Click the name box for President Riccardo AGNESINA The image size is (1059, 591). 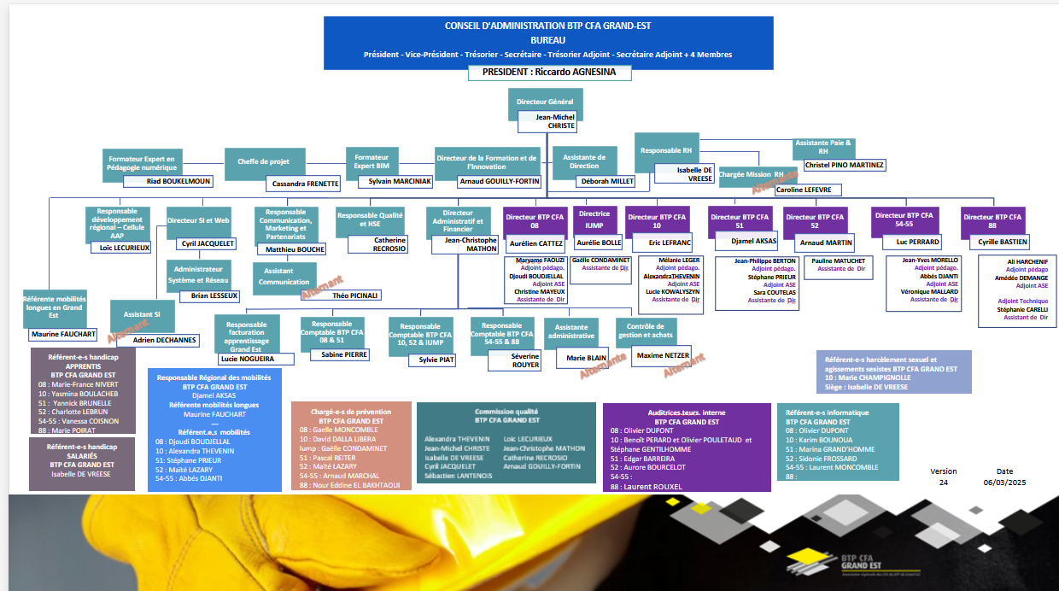coord(549,73)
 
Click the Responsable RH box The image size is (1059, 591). coord(666,150)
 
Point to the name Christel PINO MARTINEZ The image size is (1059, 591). coord(845,165)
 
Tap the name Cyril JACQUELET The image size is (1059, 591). coord(208,243)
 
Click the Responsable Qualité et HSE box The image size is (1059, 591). coord(369,219)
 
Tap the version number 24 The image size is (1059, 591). coord(944,483)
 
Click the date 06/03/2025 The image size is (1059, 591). coord(1003,483)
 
